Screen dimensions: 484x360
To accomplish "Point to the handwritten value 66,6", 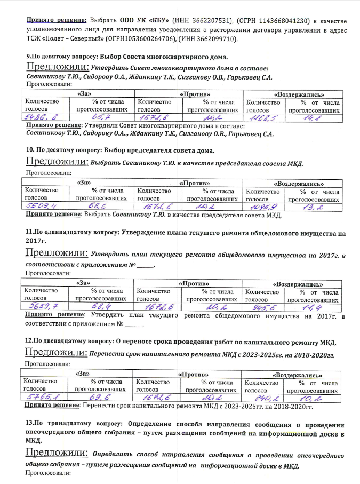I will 101,207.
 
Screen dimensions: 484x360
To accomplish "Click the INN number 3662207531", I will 216,20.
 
